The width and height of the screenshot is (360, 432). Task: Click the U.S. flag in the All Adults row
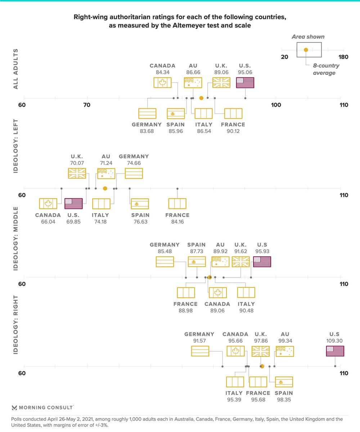tap(245, 83)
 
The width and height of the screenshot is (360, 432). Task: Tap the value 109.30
tap(335, 340)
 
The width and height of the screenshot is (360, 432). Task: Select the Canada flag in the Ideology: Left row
tap(48, 204)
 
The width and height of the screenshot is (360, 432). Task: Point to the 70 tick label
tap(87, 105)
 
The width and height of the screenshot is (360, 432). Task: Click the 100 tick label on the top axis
tap(276, 105)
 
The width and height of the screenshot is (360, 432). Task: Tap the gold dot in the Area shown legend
tap(306, 50)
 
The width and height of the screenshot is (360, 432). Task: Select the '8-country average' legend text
tap(321, 69)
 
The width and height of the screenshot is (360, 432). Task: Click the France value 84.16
tap(177, 221)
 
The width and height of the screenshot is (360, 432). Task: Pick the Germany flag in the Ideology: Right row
tap(200, 351)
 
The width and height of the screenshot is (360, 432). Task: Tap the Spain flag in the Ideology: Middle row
tap(197, 262)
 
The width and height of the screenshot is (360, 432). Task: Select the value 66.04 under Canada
tap(48, 221)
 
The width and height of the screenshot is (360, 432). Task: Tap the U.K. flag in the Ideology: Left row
tap(77, 174)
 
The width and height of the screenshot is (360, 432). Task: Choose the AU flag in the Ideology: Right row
tap(285, 351)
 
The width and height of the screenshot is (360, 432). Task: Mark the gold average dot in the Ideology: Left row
tap(105, 188)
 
